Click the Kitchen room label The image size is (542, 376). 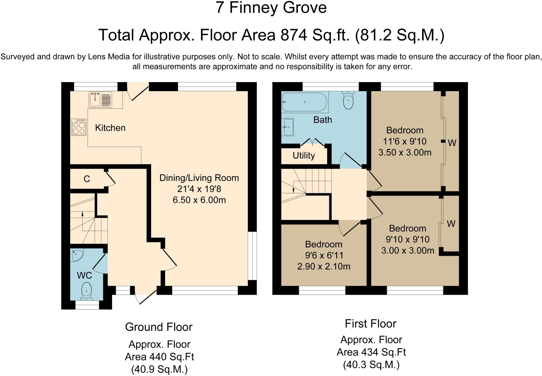click(x=110, y=128)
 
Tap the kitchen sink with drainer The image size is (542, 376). click(x=100, y=100)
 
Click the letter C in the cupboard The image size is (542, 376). click(x=87, y=179)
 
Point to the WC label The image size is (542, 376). click(x=84, y=275)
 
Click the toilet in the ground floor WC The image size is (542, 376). click(x=86, y=291)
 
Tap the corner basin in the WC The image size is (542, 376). click(x=77, y=255)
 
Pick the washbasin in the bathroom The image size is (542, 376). click(x=288, y=127)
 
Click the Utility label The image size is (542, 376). click(x=304, y=155)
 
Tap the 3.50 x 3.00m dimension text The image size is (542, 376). click(x=405, y=153)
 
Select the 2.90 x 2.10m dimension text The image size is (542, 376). click(x=324, y=266)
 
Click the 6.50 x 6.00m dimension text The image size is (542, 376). click(x=199, y=200)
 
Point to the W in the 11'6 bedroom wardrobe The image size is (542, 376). click(x=452, y=143)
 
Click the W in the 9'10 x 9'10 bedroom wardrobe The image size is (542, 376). click(x=451, y=224)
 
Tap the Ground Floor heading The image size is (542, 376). click(x=159, y=327)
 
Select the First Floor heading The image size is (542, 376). click(x=371, y=324)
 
